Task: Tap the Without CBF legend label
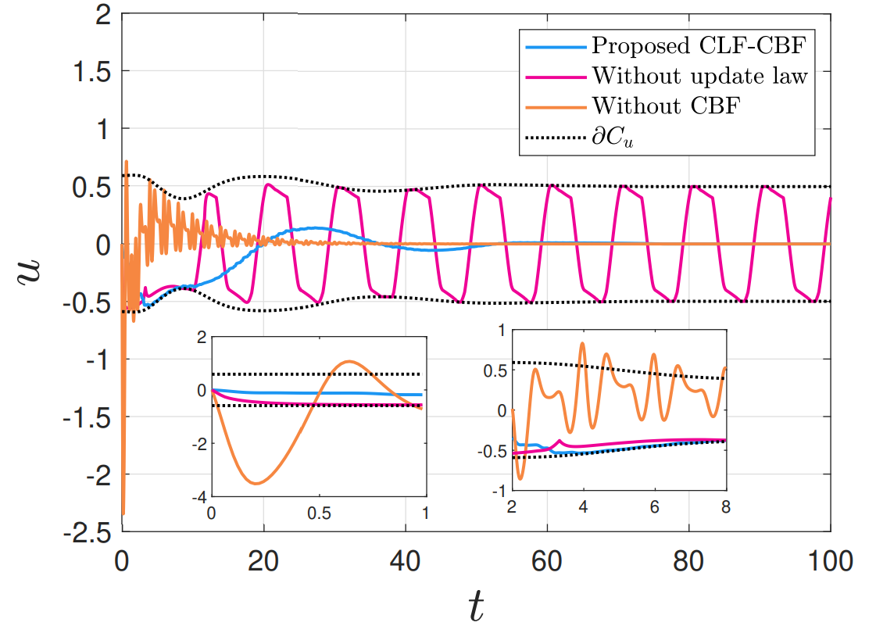[665, 106]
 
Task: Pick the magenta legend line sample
[556, 76]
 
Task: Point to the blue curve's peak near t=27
[314, 227]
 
